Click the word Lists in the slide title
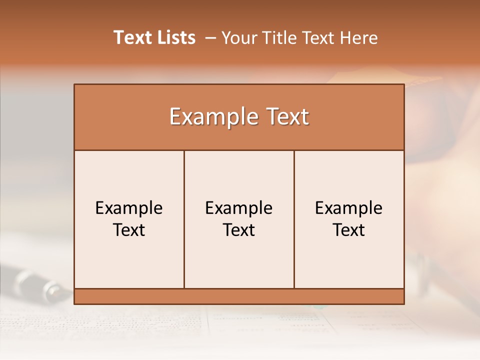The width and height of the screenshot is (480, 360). click(x=175, y=37)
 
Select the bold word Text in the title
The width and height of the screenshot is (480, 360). click(x=132, y=37)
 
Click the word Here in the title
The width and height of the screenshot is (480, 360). click(x=358, y=37)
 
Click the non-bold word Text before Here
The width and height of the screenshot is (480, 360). click(x=319, y=37)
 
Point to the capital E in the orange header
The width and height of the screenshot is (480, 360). click(x=174, y=117)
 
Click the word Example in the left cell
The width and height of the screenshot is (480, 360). click(x=129, y=208)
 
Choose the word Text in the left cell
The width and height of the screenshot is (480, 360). click(x=129, y=230)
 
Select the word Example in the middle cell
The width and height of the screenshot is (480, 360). click(x=239, y=208)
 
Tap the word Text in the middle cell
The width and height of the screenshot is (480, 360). click(x=239, y=230)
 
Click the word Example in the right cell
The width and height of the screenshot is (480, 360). click(x=349, y=208)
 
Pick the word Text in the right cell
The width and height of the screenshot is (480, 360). click(x=349, y=230)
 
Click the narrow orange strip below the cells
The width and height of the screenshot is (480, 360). click(x=239, y=296)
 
